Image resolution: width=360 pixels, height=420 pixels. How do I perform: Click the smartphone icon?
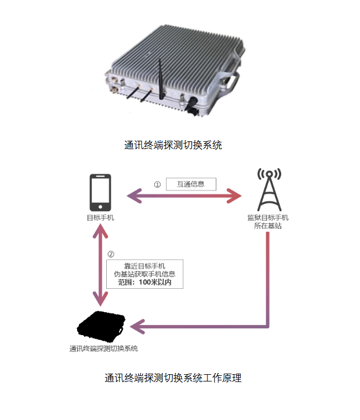click(x=101, y=192)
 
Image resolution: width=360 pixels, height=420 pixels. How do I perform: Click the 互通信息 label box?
click(x=191, y=184)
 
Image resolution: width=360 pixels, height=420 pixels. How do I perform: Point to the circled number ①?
click(x=157, y=184)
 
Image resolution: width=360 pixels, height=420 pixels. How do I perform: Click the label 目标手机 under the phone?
click(x=101, y=217)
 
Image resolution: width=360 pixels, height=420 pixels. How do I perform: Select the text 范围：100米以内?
click(x=145, y=283)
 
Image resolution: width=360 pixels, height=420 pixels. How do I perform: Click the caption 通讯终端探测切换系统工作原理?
click(x=173, y=378)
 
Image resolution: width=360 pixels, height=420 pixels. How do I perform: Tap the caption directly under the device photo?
click(x=173, y=145)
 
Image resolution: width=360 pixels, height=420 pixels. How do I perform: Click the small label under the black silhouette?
click(x=103, y=349)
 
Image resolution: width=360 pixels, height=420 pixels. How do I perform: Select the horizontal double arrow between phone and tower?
click(x=184, y=196)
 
